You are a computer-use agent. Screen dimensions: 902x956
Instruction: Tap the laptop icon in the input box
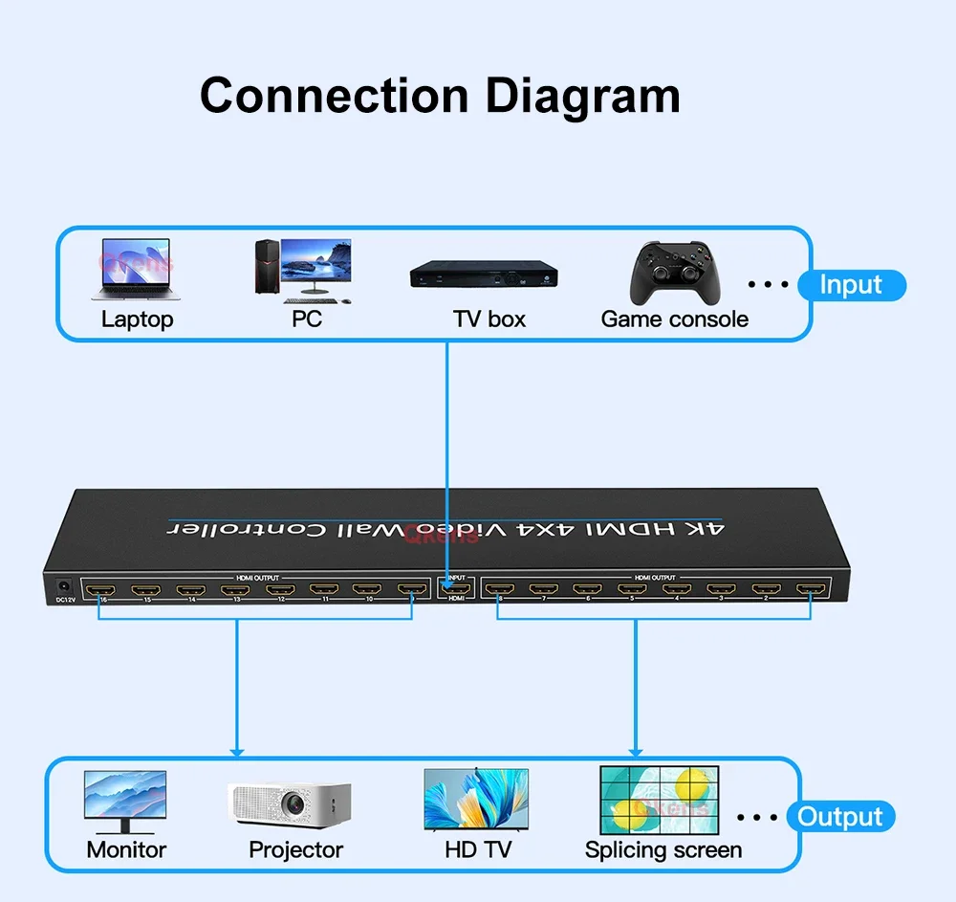pyautogui.click(x=136, y=269)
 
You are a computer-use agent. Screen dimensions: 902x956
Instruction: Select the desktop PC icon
pyautogui.click(x=302, y=269)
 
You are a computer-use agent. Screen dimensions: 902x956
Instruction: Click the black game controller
pyautogui.click(x=674, y=273)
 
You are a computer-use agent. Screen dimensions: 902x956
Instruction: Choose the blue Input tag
pyautogui.click(x=850, y=285)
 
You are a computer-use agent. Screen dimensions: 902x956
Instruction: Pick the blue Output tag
pyautogui.click(x=840, y=817)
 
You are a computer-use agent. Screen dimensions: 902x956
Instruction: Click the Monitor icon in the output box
pyautogui.click(x=125, y=803)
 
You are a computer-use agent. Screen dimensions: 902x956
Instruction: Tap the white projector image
pyautogui.click(x=289, y=804)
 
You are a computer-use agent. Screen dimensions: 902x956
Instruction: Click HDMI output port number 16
pyautogui.click(x=99, y=589)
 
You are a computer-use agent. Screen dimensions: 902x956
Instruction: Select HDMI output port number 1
pyautogui.click(x=813, y=589)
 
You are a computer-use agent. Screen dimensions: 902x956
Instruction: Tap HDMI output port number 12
pyautogui.click(x=281, y=589)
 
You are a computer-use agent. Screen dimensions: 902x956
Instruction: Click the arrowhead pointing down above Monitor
pyautogui.click(x=237, y=750)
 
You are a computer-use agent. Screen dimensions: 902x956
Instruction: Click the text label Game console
pyautogui.click(x=674, y=319)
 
